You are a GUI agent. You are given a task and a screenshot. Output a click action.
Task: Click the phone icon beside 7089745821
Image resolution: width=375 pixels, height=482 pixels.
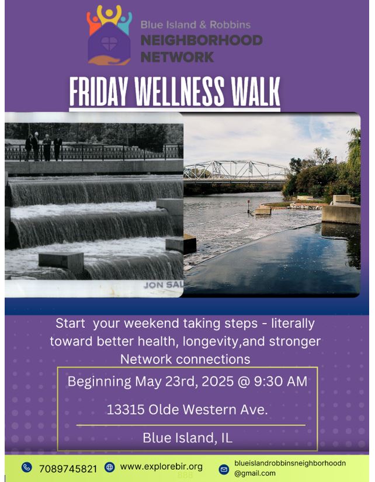coord(27,467)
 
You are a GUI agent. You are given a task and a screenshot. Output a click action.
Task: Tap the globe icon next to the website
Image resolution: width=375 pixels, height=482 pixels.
coord(109,467)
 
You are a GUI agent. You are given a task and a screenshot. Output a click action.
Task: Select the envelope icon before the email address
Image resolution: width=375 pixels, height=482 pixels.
coord(224,469)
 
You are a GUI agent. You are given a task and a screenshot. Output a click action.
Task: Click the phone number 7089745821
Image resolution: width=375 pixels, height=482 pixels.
coord(68,469)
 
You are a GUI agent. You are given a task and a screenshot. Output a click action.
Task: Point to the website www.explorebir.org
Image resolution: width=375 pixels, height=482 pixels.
coord(161,467)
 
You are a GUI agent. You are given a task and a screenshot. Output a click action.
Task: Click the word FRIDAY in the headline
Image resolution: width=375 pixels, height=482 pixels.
coord(99,91)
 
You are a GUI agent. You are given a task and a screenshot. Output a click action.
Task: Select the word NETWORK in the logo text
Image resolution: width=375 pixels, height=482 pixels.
coord(177,57)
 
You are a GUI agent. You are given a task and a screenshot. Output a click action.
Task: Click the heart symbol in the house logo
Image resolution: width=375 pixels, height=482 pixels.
coord(109,44)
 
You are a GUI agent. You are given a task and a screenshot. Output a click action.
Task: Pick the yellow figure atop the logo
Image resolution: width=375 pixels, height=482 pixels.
coord(109,15)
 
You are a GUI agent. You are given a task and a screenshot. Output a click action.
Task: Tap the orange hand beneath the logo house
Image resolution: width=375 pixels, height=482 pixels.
coord(109,60)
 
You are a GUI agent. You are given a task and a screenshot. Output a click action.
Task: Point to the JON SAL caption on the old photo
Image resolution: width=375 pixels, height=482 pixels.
coord(163,285)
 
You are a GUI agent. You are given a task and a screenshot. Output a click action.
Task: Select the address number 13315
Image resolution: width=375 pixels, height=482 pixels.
coord(126,410)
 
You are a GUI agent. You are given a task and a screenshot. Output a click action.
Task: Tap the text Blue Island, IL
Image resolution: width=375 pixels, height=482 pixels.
coord(187,438)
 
